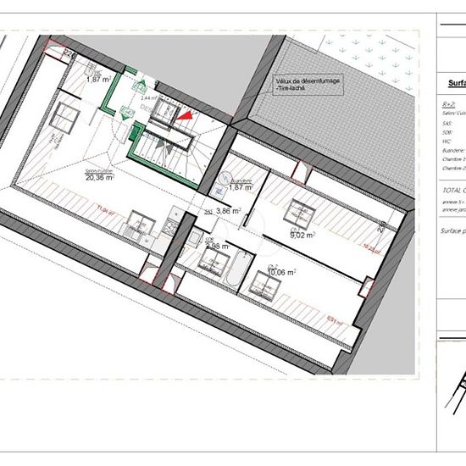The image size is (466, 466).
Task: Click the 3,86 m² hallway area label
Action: pos(228,210)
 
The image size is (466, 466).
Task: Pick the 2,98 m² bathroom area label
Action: pos(218,246)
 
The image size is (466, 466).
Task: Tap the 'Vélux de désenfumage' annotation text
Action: pos(306,80)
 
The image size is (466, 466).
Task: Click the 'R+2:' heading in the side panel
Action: pos(448,103)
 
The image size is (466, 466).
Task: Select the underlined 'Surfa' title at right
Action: pos(456,84)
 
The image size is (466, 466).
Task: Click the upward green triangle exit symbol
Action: pos(142,83)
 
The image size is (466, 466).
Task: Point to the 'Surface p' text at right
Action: pos(452,230)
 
